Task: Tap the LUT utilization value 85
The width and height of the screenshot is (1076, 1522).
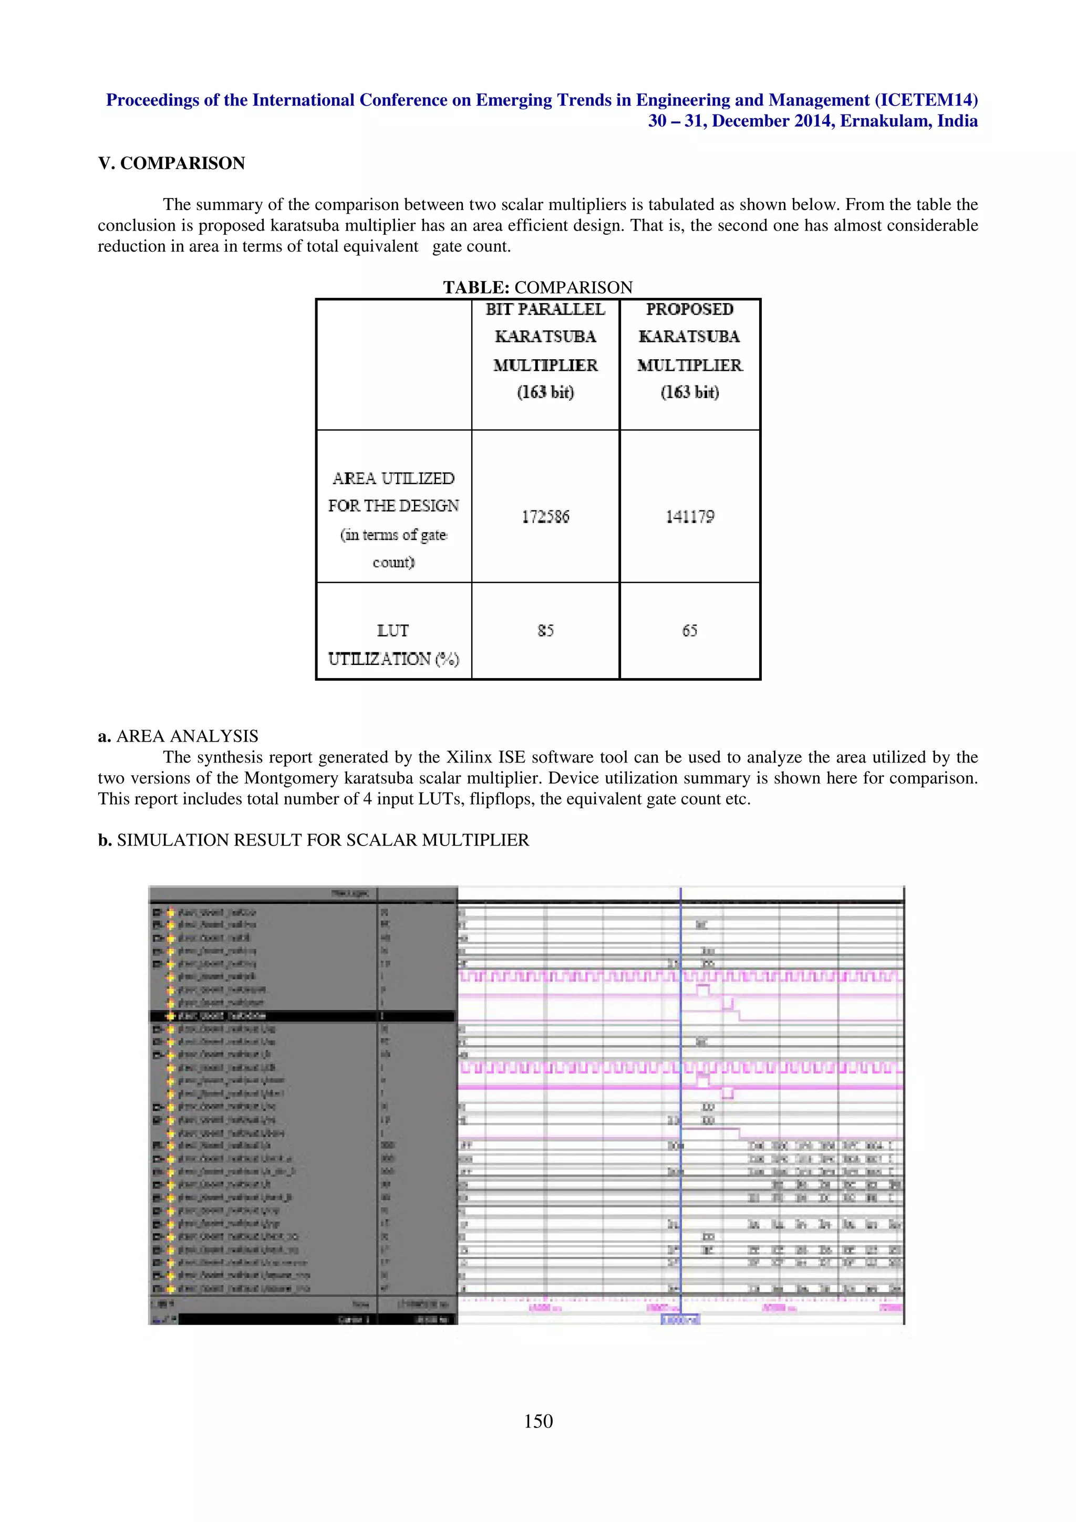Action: coord(545,630)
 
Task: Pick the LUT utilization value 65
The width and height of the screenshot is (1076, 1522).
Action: coord(689,630)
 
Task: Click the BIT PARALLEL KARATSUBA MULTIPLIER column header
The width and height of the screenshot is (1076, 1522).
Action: coord(545,350)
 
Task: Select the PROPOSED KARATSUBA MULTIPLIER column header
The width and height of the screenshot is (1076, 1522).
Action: coord(689,350)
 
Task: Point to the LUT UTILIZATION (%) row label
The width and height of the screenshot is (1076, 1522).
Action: coord(393,644)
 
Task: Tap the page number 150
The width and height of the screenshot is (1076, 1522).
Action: coord(537,1421)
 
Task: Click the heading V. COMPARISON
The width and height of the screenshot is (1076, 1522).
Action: coord(171,163)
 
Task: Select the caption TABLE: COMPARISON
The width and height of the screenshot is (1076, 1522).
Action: coord(537,287)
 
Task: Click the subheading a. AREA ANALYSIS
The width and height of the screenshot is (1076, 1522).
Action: coord(178,736)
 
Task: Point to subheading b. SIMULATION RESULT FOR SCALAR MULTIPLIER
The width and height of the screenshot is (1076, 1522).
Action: coord(314,840)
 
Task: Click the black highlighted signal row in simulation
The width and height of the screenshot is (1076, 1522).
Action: coord(302,1016)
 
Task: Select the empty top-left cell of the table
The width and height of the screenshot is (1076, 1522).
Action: coord(393,364)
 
